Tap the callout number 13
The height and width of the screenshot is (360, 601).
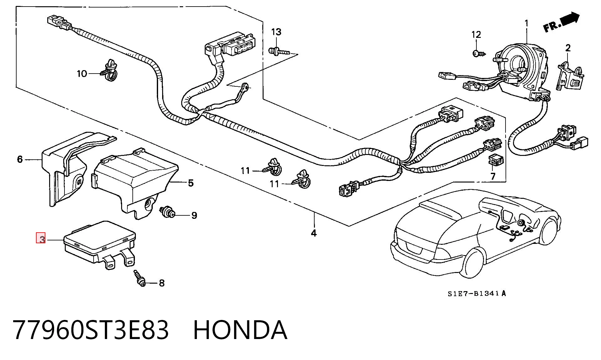276,32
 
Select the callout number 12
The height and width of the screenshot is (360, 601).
476,34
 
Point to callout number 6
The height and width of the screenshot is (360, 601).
20,159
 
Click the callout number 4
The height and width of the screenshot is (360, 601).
314,233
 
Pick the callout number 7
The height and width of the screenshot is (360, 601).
493,176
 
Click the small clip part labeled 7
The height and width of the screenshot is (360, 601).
496,160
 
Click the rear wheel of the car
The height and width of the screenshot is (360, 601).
473,262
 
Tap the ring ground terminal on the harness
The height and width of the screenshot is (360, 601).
246,86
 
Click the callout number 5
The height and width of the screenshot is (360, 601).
191,183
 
